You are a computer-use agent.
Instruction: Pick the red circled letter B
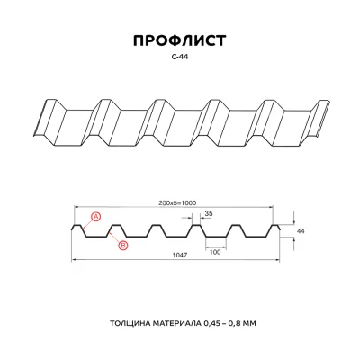click(x=122, y=245)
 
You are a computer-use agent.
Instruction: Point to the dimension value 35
click(x=209, y=214)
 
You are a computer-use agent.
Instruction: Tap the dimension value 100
click(x=215, y=251)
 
